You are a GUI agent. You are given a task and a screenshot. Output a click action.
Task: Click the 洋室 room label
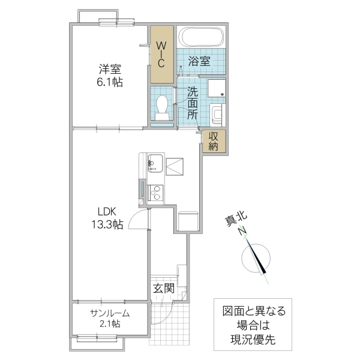tap(110, 69)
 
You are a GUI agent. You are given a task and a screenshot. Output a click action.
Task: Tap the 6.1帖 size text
tap(110, 83)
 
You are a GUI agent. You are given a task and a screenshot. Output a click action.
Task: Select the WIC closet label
tap(161, 54)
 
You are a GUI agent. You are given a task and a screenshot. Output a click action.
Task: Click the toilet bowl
tap(161, 109)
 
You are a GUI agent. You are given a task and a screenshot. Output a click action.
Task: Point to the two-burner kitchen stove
tap(155, 192)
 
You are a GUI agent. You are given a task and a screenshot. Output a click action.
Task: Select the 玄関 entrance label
tap(163, 289)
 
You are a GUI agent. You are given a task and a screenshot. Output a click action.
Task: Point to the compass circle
tap(257, 257)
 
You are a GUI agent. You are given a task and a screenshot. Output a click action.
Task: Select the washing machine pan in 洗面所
tap(217, 89)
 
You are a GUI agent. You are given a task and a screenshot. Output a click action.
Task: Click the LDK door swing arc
tap(139, 221)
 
